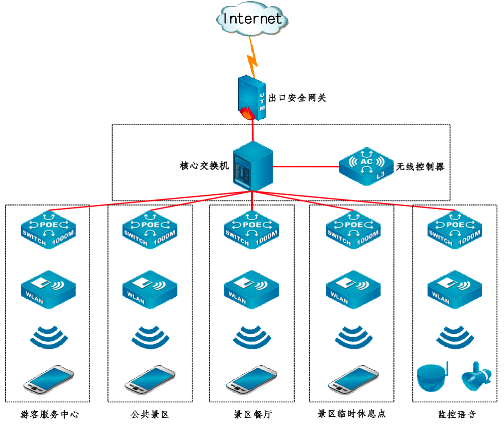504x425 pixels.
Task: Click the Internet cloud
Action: pos(252,19)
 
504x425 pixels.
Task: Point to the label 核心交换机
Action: pos(204,166)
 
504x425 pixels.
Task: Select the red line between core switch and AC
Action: pos(306,166)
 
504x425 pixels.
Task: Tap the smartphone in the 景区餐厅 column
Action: pos(252,380)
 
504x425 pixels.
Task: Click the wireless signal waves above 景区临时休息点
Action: pos(353,336)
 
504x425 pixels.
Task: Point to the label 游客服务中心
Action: pos(50,415)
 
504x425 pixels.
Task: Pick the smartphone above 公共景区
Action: pos(149,380)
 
